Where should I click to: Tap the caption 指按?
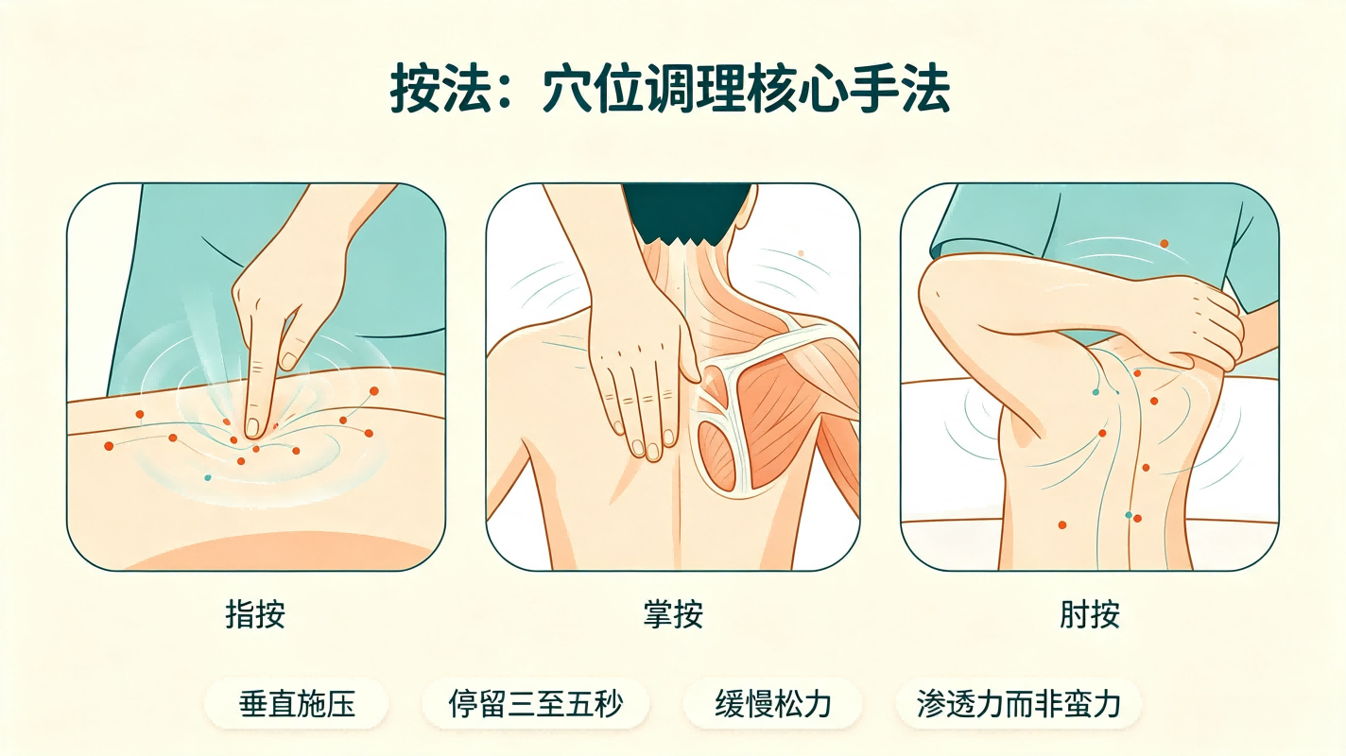(x=255, y=614)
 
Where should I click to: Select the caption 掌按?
(x=673, y=614)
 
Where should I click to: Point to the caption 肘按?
(x=1090, y=614)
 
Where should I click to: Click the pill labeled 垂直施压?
(x=297, y=704)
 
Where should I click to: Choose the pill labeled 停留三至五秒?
(x=535, y=704)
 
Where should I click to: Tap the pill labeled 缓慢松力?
(x=773, y=704)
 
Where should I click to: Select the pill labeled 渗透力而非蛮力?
(x=1019, y=704)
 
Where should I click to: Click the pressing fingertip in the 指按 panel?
(x=253, y=427)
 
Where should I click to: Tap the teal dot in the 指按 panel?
(x=208, y=478)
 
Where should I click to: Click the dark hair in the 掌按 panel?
(x=687, y=214)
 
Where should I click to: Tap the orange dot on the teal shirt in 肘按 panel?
(x=1164, y=244)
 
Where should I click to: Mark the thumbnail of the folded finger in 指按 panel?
(x=289, y=361)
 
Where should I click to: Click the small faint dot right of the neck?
(x=801, y=253)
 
